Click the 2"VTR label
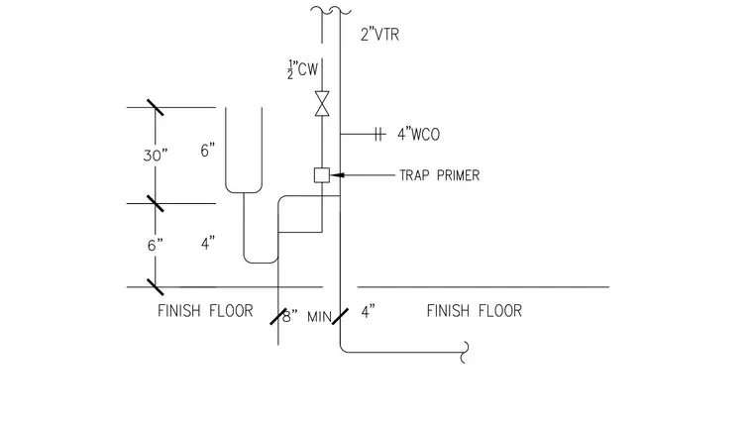coord(379,35)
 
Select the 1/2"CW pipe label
coord(302,69)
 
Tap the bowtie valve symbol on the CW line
coord(322,103)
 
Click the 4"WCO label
coord(418,135)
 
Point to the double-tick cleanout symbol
coord(378,135)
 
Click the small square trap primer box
coord(322,175)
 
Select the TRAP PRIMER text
coord(439,175)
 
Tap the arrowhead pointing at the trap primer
coord(337,175)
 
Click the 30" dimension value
coord(156,156)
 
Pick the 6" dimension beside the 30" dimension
coord(207,151)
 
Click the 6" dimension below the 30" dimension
coord(156,246)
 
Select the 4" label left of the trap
coord(208,244)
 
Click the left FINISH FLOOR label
coord(205,311)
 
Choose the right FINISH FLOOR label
coord(474,311)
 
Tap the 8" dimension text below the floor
coord(289,317)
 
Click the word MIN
coord(319,317)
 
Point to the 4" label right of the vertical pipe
coord(368,312)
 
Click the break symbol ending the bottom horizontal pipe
coord(465,352)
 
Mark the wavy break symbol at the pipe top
coord(331,10)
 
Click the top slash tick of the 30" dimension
coord(156,108)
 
